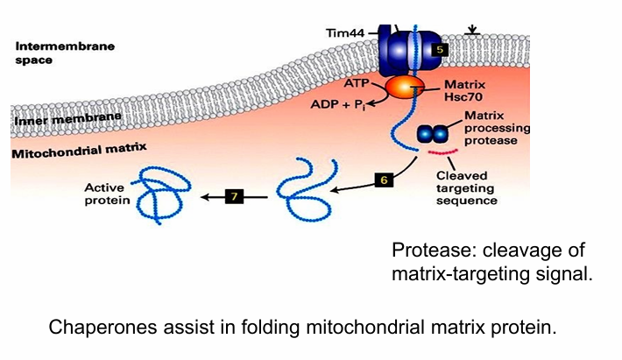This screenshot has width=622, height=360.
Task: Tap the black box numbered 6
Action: pyautogui.click(x=383, y=180)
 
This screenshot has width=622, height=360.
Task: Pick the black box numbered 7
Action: pyautogui.click(x=234, y=196)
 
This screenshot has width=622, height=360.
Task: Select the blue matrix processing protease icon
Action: pyautogui.click(x=431, y=134)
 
